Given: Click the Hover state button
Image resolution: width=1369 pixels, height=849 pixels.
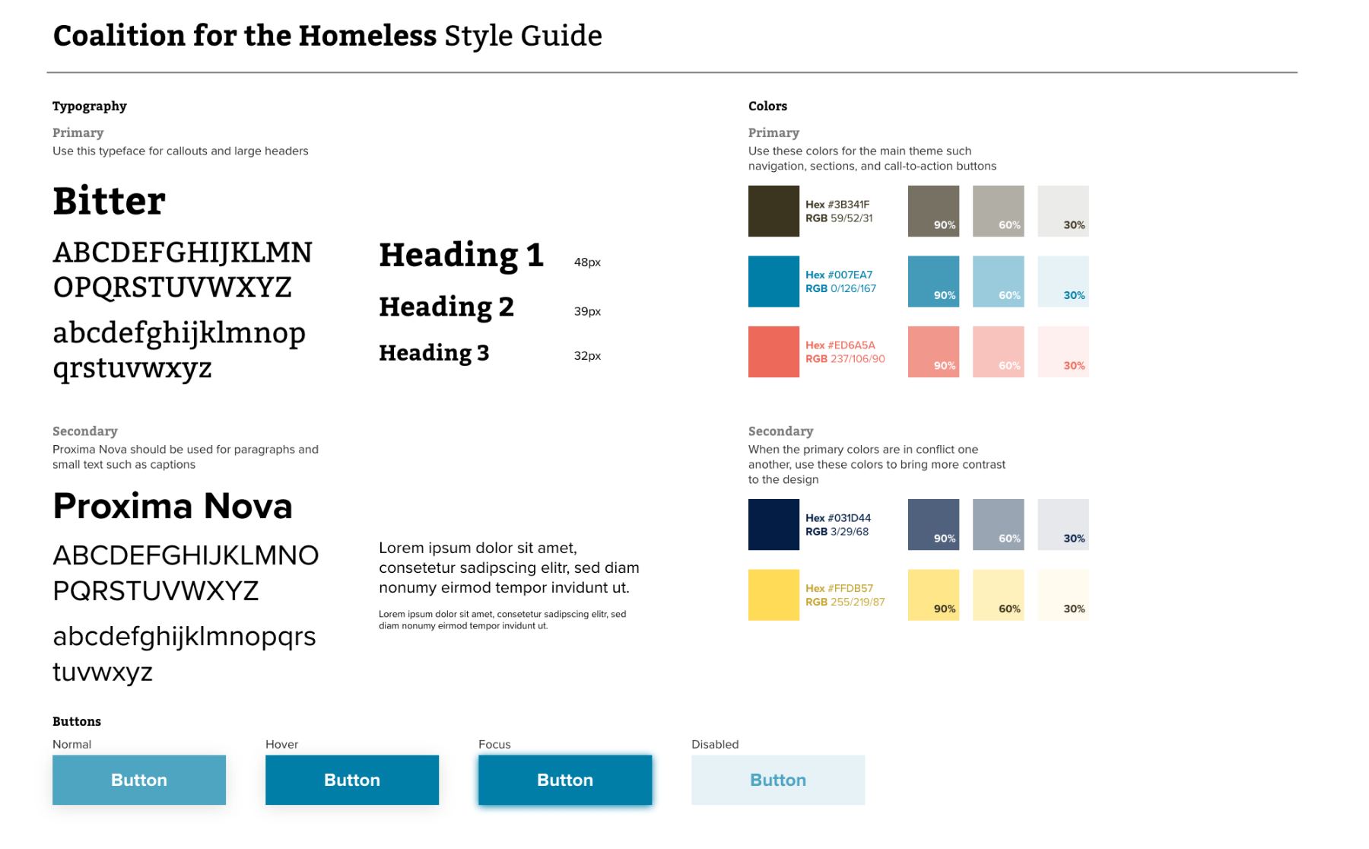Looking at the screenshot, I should tap(351, 780).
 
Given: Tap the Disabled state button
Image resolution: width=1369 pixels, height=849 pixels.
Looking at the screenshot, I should tap(777, 780).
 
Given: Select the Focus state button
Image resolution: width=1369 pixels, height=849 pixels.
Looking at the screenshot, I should tap(564, 780).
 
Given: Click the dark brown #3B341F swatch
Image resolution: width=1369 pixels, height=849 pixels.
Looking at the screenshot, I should tap(773, 211).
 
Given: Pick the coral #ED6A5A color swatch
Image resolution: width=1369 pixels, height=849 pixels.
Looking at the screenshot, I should tap(773, 351).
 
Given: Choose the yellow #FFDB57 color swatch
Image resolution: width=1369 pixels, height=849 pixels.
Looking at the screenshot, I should tap(773, 595).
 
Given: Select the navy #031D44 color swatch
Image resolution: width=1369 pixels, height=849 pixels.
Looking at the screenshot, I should tap(773, 524).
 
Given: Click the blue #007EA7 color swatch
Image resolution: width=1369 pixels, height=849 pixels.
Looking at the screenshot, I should tap(773, 281).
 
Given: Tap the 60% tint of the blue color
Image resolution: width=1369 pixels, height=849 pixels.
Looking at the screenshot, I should tap(998, 281).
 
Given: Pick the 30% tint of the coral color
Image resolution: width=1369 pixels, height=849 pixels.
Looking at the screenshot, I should tap(1062, 351).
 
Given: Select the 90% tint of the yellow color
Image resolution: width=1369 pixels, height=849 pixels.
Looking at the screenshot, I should tap(933, 595).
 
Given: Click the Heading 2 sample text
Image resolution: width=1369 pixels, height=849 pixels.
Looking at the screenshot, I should tap(446, 307).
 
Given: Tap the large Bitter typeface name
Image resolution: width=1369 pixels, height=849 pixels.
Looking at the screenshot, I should tap(109, 201).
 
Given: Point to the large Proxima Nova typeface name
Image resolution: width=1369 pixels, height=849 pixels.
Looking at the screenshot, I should tap(173, 506).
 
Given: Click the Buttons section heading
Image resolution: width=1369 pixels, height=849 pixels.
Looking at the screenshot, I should tap(77, 721).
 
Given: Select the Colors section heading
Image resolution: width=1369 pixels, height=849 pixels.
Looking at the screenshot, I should tap(767, 106).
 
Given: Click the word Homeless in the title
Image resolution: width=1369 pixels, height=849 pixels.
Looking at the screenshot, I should tap(367, 36).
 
